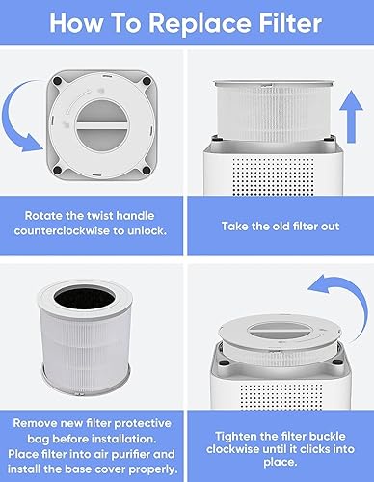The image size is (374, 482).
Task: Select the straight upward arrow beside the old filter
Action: [x=351, y=117]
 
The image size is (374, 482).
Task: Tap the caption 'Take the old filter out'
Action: [x=280, y=227]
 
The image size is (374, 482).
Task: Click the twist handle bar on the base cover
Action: [x=102, y=125]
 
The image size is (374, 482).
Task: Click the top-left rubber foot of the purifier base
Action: [x=58, y=80]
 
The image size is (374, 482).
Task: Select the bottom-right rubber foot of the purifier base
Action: [x=147, y=171]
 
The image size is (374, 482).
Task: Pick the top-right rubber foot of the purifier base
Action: [x=147, y=81]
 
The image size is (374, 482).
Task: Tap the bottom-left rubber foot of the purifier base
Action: [x=58, y=170]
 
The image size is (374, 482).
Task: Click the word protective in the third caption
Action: [x=143, y=423]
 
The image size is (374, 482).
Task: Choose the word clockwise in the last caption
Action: [x=232, y=449]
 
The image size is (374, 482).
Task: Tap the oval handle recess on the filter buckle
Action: [x=280, y=331]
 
